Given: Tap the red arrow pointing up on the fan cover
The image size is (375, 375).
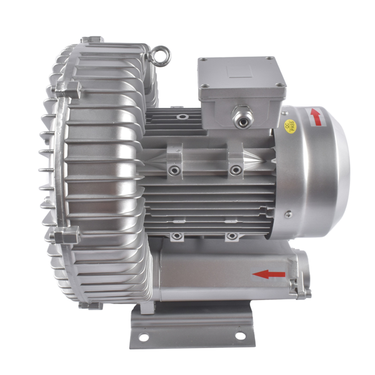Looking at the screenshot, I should pyautogui.click(x=316, y=116).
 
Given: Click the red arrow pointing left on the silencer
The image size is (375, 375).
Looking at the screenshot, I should pyautogui.click(x=269, y=273).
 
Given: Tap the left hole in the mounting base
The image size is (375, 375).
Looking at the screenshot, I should pyautogui.click(x=144, y=337).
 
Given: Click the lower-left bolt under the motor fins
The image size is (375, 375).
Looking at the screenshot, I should pyautogui.click(x=177, y=236).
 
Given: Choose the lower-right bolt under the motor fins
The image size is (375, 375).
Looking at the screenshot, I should pyautogui.click(x=231, y=236).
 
